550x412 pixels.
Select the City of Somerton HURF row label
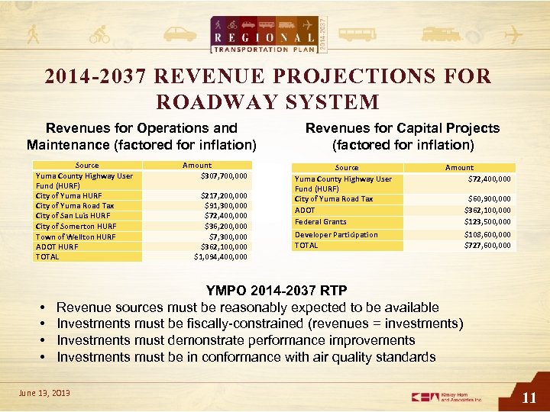tap(76, 226)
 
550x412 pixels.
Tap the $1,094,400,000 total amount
tap(221, 256)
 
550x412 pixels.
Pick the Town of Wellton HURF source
tap(76, 237)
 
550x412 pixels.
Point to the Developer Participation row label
tap(336, 235)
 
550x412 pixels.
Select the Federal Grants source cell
tap(320, 222)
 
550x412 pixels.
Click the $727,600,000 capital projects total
tap(487, 246)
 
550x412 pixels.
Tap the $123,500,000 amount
tap(487, 222)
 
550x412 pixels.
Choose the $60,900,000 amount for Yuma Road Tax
tap(490, 199)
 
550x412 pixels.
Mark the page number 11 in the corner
tap(529, 397)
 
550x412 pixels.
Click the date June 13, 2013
tap(44, 392)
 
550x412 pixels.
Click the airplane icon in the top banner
tap(516, 35)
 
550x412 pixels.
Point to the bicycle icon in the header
tap(99, 35)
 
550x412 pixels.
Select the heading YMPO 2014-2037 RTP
tap(277, 291)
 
